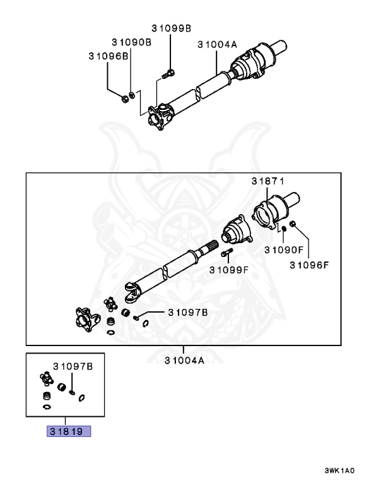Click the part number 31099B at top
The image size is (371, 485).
pyautogui.click(x=171, y=28)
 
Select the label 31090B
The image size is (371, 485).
pyautogui.click(x=132, y=42)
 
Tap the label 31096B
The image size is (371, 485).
pyautogui.click(x=109, y=56)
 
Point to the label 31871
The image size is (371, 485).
pyautogui.click(x=268, y=181)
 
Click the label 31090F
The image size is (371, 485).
pyautogui.click(x=285, y=249)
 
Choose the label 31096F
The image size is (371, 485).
pyautogui.click(x=309, y=265)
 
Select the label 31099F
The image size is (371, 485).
pyautogui.click(x=229, y=270)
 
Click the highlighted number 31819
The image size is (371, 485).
pyautogui.click(x=69, y=431)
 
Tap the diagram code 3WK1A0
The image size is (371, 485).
pyautogui.click(x=339, y=470)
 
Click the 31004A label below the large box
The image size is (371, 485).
pyautogui.click(x=184, y=361)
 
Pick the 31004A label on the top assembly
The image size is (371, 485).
pyautogui.click(x=217, y=45)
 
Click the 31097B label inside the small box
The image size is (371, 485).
pyautogui.click(x=73, y=366)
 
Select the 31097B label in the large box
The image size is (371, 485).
pyautogui.click(x=188, y=313)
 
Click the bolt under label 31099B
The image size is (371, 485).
pyautogui.click(x=168, y=74)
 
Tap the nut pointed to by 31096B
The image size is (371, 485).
pyautogui.click(x=125, y=99)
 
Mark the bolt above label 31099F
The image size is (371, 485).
pyautogui.click(x=227, y=253)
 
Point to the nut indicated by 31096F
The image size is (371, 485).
pyautogui.click(x=293, y=224)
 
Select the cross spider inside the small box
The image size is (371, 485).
pyautogui.click(x=47, y=378)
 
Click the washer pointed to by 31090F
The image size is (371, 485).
pyautogui.click(x=283, y=229)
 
